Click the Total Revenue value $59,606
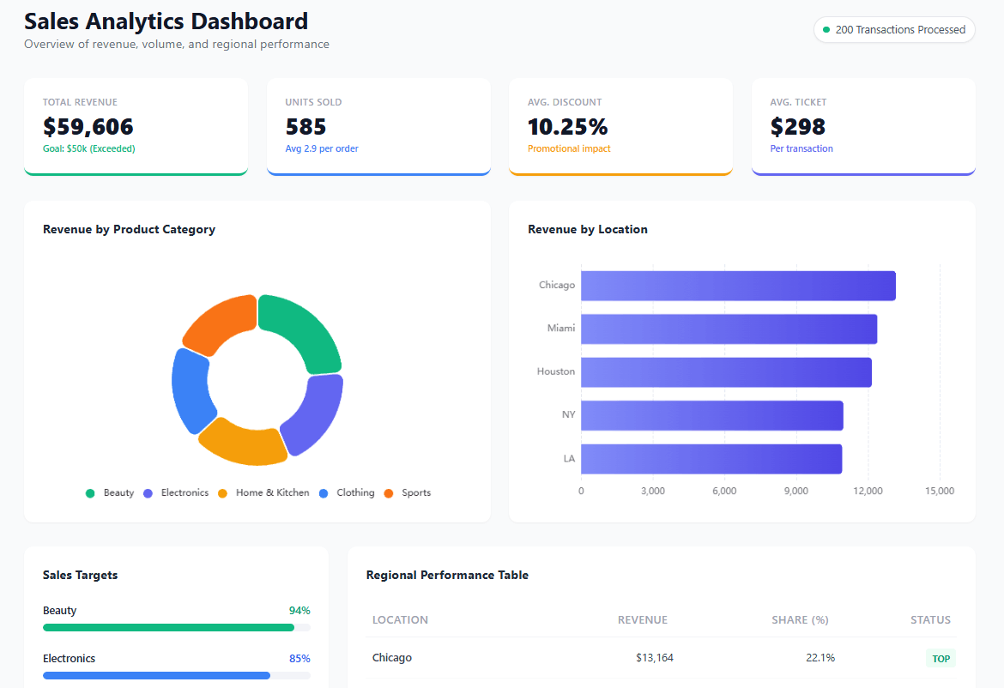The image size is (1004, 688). pos(88,127)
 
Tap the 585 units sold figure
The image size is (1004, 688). pos(306,127)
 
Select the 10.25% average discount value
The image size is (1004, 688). pos(567,127)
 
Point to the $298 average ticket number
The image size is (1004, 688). pos(797,127)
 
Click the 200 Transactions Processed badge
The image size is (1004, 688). pos(894,29)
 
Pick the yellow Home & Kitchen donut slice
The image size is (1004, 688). pos(243,441)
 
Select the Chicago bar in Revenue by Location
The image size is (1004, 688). pos(738,286)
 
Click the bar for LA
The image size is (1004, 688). pos(711,459)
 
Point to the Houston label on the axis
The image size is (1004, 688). pos(555,371)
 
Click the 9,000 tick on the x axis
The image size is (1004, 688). pos(795,492)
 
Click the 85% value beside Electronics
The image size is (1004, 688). pos(299,659)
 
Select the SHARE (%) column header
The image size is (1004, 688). pos(799,620)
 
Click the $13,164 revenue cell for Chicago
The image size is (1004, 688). pos(654,658)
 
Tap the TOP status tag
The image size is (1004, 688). pos(940,659)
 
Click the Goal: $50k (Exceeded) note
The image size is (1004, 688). pos(88,148)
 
